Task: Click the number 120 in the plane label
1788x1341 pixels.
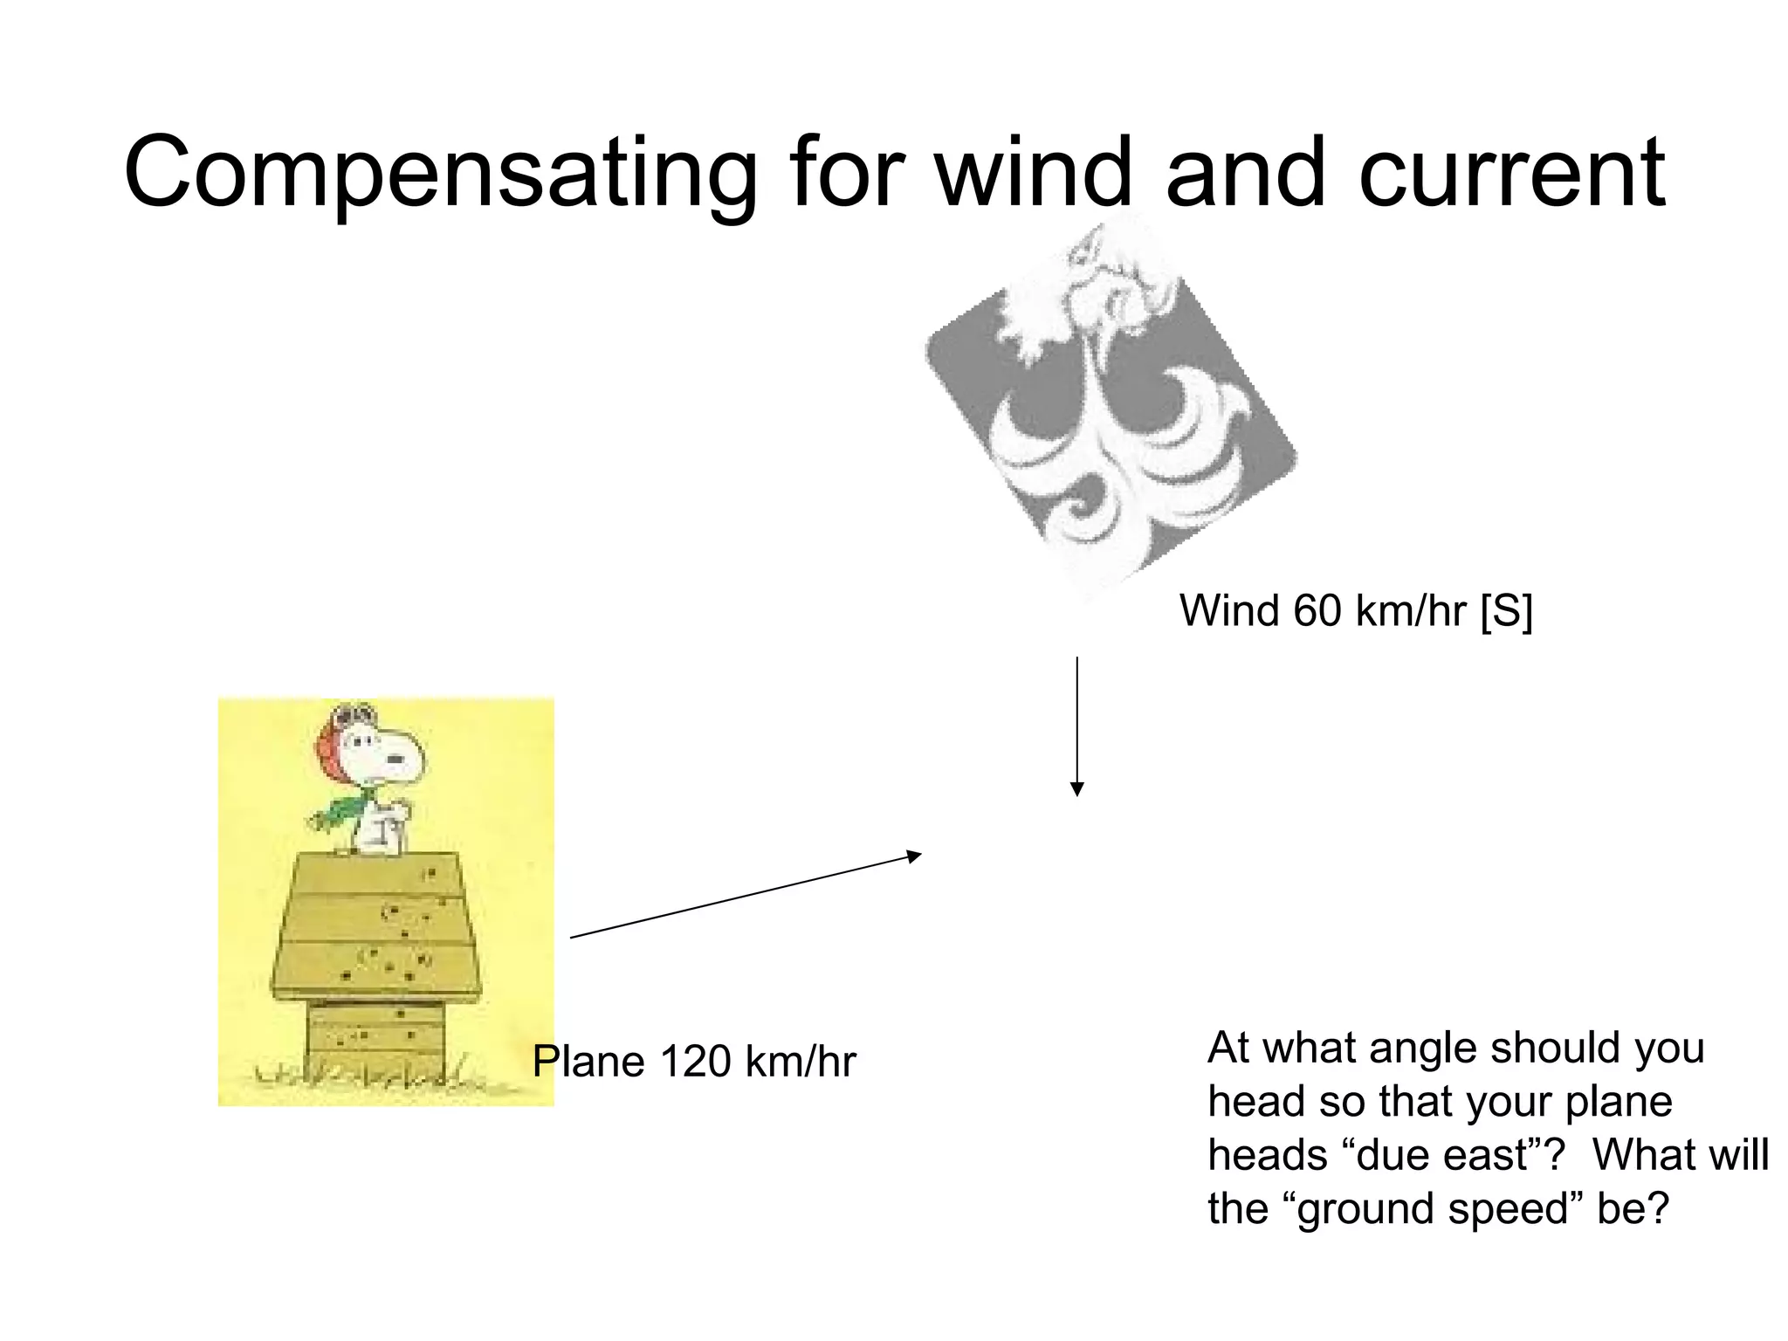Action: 695,1062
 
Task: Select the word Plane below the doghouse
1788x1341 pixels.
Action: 588,1062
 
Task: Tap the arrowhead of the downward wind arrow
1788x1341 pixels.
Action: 1077,789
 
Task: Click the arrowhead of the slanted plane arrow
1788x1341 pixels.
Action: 914,856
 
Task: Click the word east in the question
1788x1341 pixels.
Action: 1484,1155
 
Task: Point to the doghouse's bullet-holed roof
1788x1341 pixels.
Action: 375,925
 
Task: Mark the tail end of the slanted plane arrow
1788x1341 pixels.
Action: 573,937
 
